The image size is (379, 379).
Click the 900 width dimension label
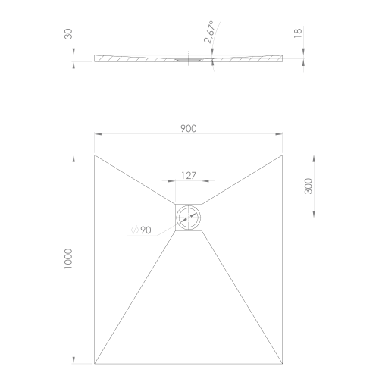click(189, 128)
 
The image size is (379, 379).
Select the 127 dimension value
click(188, 175)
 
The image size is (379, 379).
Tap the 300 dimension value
click(309, 186)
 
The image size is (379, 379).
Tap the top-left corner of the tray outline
click(94, 155)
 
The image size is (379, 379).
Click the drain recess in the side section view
click(186, 58)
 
